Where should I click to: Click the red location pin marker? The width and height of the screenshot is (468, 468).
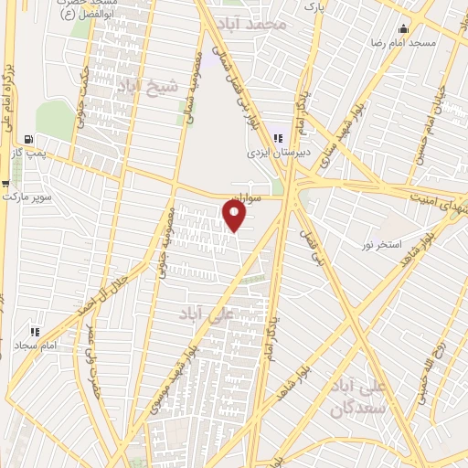pyautogui.click(x=235, y=216)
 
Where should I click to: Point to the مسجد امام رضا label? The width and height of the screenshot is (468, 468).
pyautogui.click(x=436, y=43)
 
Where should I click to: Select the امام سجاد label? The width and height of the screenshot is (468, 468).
pyautogui.click(x=36, y=346)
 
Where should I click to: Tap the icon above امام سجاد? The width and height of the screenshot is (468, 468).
pyautogui.click(x=35, y=332)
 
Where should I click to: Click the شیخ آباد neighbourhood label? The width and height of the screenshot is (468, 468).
pyautogui.click(x=143, y=82)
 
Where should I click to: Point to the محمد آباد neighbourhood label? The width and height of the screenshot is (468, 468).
pyautogui.click(x=260, y=24)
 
